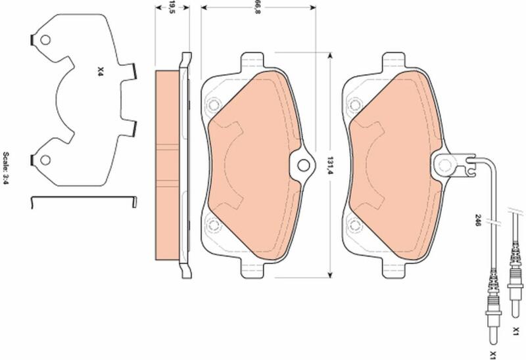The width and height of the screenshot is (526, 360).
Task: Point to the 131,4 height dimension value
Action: click(x=330, y=166)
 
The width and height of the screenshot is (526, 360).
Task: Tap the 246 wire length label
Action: click(x=478, y=220)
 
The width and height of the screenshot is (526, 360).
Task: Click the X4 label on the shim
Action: click(x=100, y=71)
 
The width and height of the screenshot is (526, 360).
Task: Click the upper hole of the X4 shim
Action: click(x=45, y=40)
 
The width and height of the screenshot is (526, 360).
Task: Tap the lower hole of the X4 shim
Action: click(x=45, y=160)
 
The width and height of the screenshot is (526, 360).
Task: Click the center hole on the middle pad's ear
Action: click(x=303, y=165)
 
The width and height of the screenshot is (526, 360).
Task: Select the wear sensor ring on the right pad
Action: click(x=446, y=165)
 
